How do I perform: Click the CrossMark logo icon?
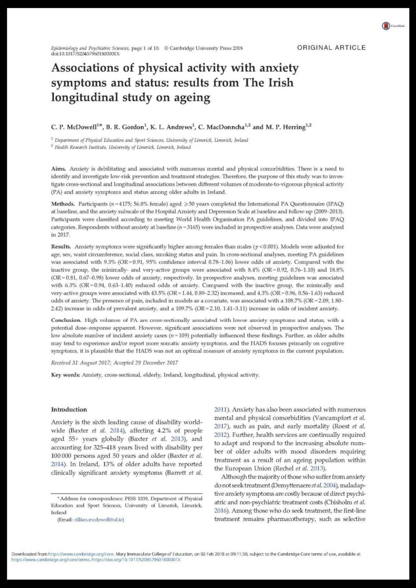pos(386,26)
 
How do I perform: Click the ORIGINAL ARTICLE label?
pos(331,48)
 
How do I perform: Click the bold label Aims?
pos(58,169)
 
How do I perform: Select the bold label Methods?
pos(63,204)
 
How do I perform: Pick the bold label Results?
pos(61,247)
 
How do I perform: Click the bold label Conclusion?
pos(66,320)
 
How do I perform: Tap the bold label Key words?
pos(65,375)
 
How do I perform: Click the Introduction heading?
pos(69,410)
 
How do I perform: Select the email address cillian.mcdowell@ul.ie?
pos(99,519)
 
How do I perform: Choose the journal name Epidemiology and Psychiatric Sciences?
pos(90,48)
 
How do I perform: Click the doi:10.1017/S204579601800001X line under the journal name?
pos(85,54)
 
